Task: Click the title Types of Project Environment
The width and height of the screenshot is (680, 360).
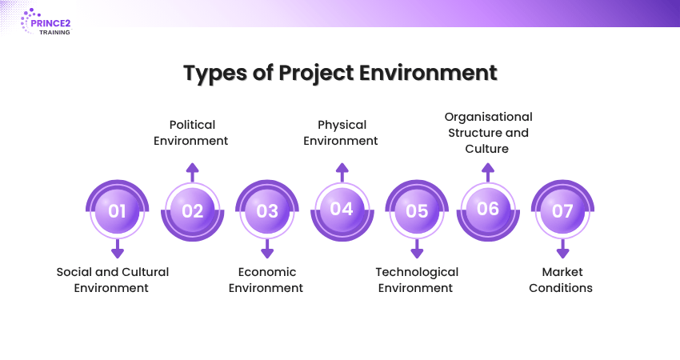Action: click(x=340, y=73)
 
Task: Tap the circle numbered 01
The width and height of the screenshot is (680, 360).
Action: click(x=118, y=211)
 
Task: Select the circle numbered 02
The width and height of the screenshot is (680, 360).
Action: click(x=192, y=211)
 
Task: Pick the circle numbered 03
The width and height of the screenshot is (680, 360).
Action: click(x=267, y=211)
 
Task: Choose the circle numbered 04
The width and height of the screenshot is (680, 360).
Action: click(x=342, y=209)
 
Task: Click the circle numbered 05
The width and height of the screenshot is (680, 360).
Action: click(x=417, y=211)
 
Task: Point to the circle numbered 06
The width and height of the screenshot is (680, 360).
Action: click(x=488, y=209)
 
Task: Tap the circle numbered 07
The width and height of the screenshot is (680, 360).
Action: click(x=563, y=211)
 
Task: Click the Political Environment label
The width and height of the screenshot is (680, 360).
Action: click(x=192, y=133)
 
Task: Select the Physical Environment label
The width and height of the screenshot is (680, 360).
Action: click(x=342, y=133)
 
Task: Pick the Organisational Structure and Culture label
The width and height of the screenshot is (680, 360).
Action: click(x=488, y=133)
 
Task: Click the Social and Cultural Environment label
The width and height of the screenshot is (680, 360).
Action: click(x=112, y=280)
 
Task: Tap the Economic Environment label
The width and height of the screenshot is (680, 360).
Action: click(x=266, y=280)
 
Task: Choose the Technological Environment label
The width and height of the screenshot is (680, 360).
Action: click(x=417, y=280)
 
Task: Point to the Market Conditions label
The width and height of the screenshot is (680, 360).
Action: click(x=561, y=280)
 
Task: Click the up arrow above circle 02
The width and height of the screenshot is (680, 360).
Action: click(x=192, y=172)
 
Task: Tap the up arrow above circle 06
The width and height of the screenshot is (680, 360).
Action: click(x=488, y=170)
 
